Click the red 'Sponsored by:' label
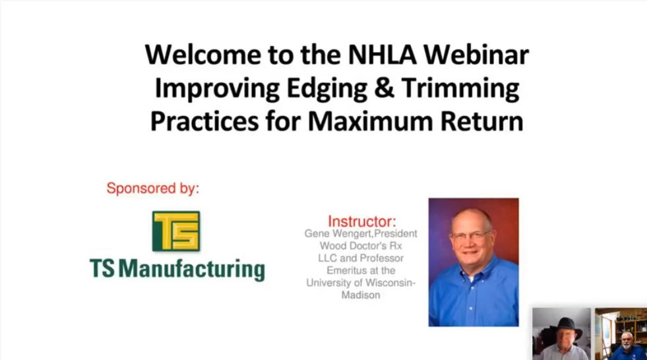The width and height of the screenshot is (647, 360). pos(152,189)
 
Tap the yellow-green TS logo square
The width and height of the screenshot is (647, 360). pos(176,231)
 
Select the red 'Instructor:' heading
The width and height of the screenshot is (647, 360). pos(362,221)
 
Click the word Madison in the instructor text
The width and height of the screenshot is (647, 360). pos(361,295)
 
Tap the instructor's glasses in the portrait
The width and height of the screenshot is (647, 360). pos(471,235)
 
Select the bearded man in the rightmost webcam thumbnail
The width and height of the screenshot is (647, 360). pos(623,344)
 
